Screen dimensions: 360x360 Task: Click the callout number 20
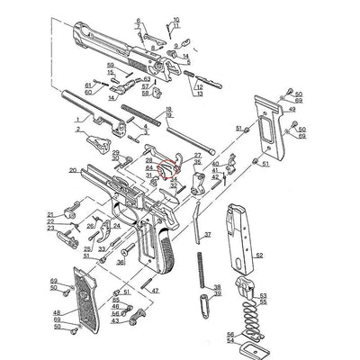click(72, 169)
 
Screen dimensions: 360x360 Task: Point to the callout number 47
click(155, 291)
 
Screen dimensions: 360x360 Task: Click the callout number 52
click(259, 256)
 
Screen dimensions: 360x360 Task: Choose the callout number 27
click(198, 156)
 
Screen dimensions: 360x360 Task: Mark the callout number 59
click(111, 65)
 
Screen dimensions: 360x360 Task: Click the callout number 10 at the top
click(175, 18)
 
